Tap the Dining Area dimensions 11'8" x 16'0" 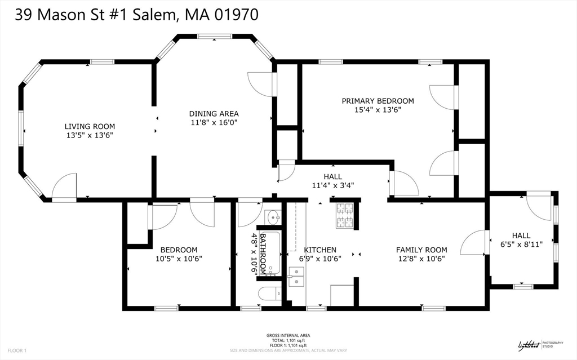pyautogui.click(x=214, y=122)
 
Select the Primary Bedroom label pyautogui.click(x=378, y=101)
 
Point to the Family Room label pyautogui.click(x=421, y=250)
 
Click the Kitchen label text pyautogui.click(x=320, y=250)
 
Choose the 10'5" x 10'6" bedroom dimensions pyautogui.click(x=179, y=259)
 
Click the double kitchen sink pyautogui.click(x=296, y=276)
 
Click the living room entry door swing pyautogui.click(x=64, y=187)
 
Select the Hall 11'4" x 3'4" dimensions pyautogui.click(x=332, y=185)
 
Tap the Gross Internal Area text pyautogui.click(x=288, y=336)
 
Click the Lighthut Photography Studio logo pyautogui.click(x=539, y=345)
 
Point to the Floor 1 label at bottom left pyautogui.click(x=17, y=350)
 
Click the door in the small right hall pyautogui.click(x=540, y=207)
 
